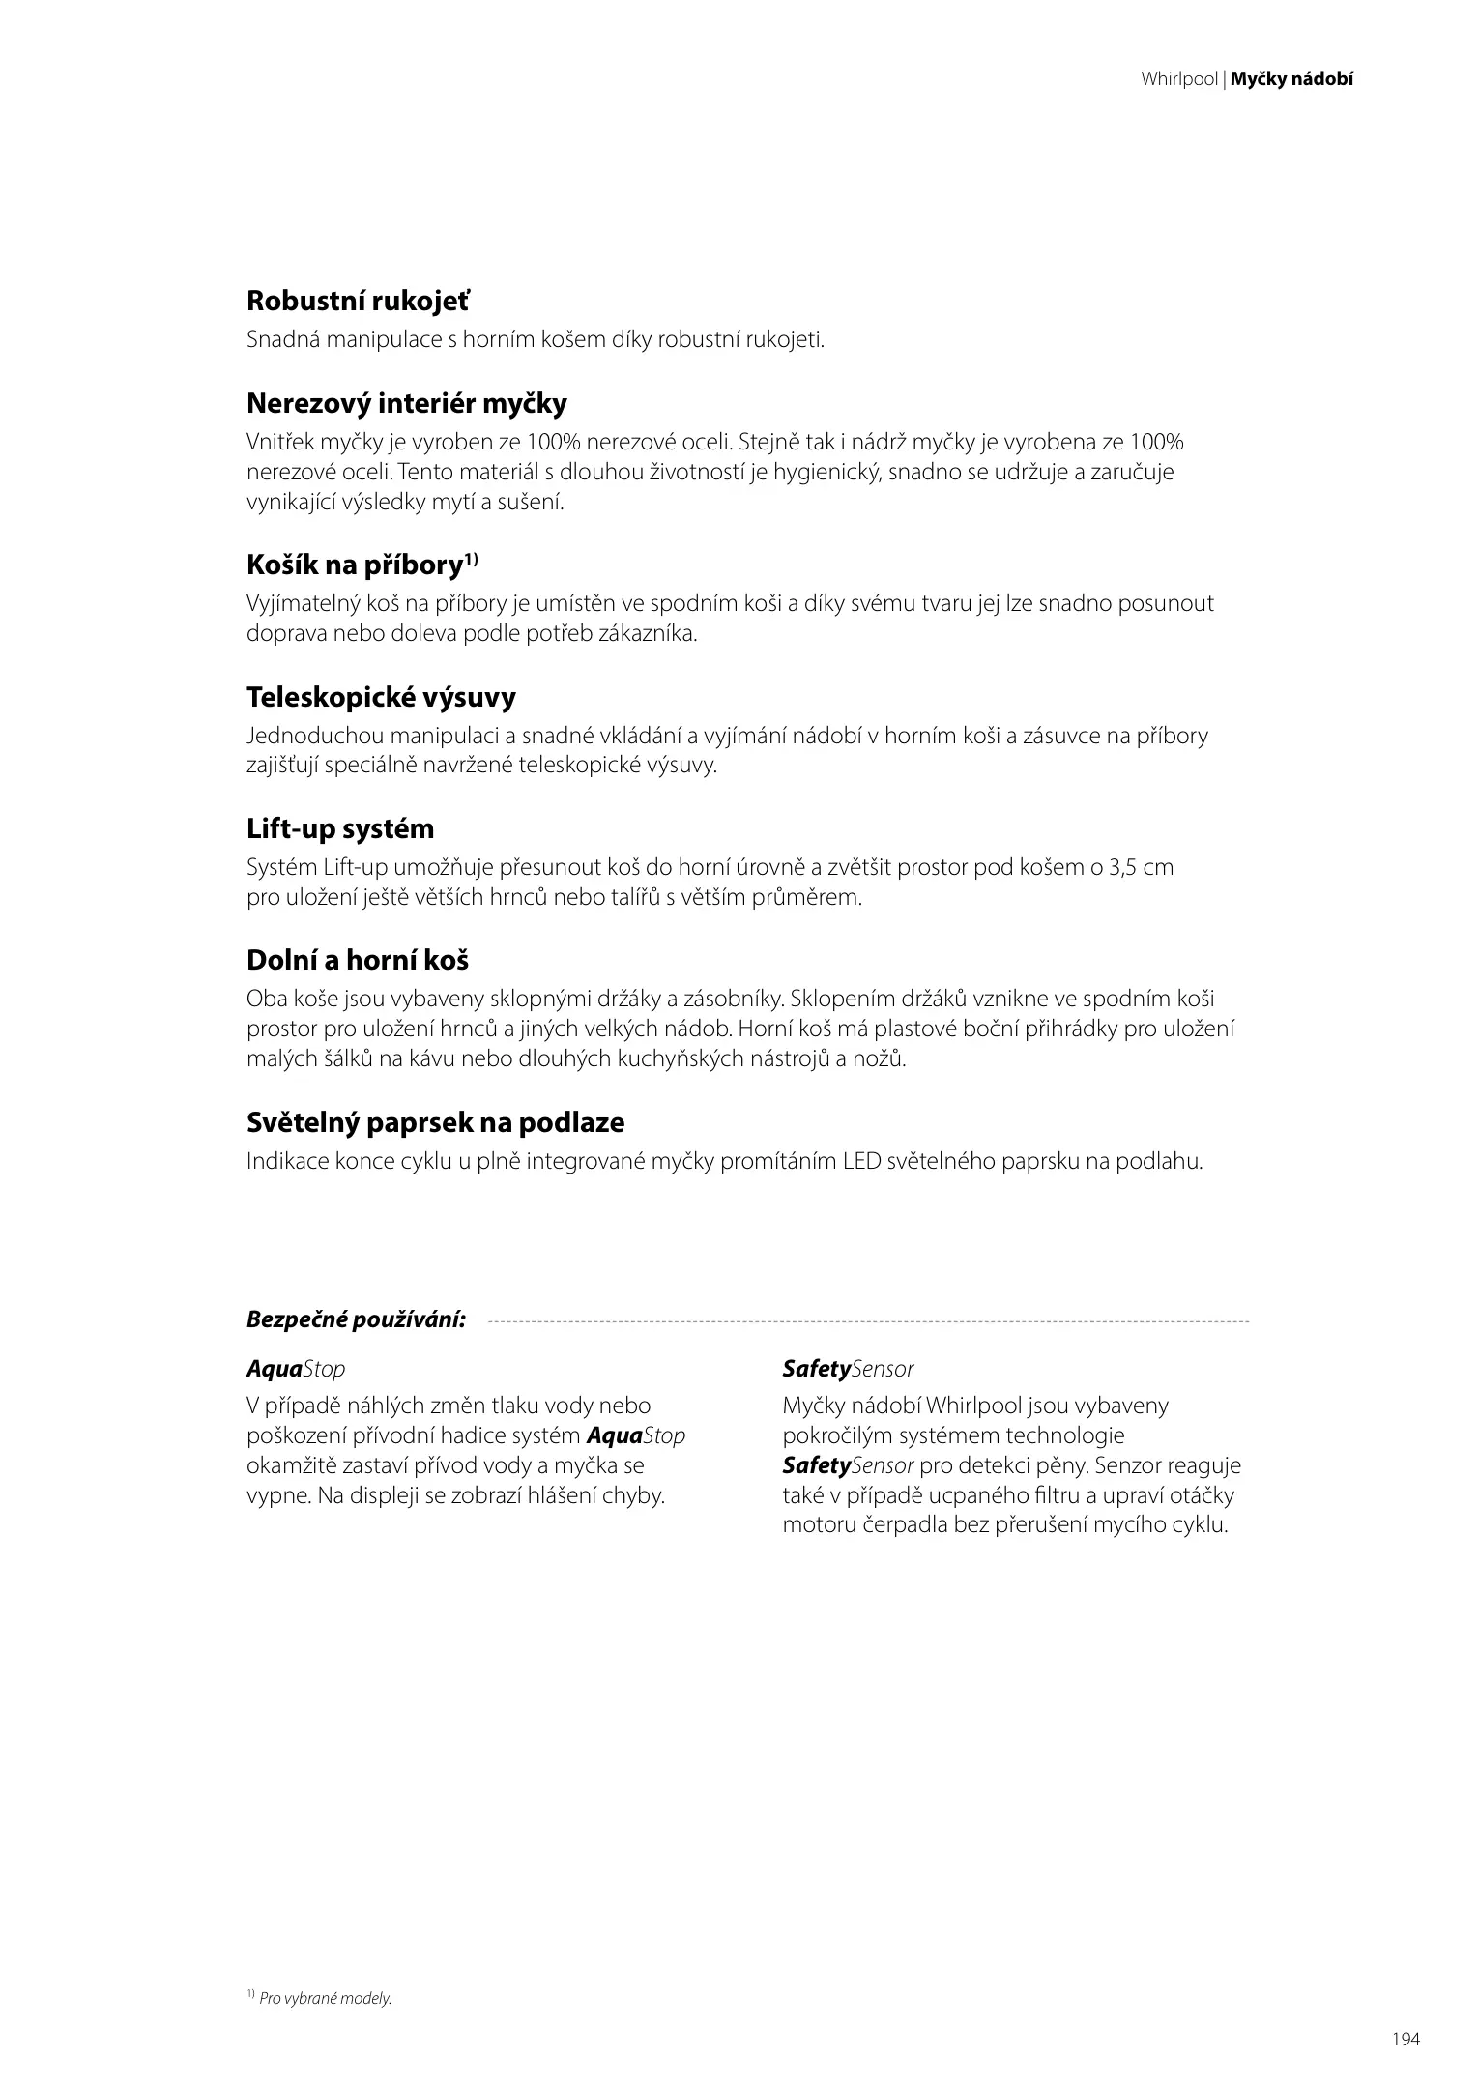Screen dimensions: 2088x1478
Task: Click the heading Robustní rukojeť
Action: coord(358,302)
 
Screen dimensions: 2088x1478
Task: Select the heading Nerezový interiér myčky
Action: coord(406,403)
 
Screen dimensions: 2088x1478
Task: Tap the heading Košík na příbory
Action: coord(354,565)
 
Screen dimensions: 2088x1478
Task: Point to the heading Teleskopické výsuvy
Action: coord(381,697)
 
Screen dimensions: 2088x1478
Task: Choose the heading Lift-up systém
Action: coord(340,828)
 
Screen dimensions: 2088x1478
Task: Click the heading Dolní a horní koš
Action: coord(358,961)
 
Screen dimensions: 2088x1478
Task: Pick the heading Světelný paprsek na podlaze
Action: coord(435,1122)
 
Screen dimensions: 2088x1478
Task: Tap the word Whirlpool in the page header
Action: coord(1178,80)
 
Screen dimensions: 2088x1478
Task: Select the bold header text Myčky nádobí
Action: coord(1291,80)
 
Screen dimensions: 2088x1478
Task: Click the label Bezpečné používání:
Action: coord(356,1319)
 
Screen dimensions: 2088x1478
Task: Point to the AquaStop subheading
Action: coord(295,1369)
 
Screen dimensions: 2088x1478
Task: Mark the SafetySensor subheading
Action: coord(848,1369)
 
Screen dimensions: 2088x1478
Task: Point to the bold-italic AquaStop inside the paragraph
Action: coord(636,1435)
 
